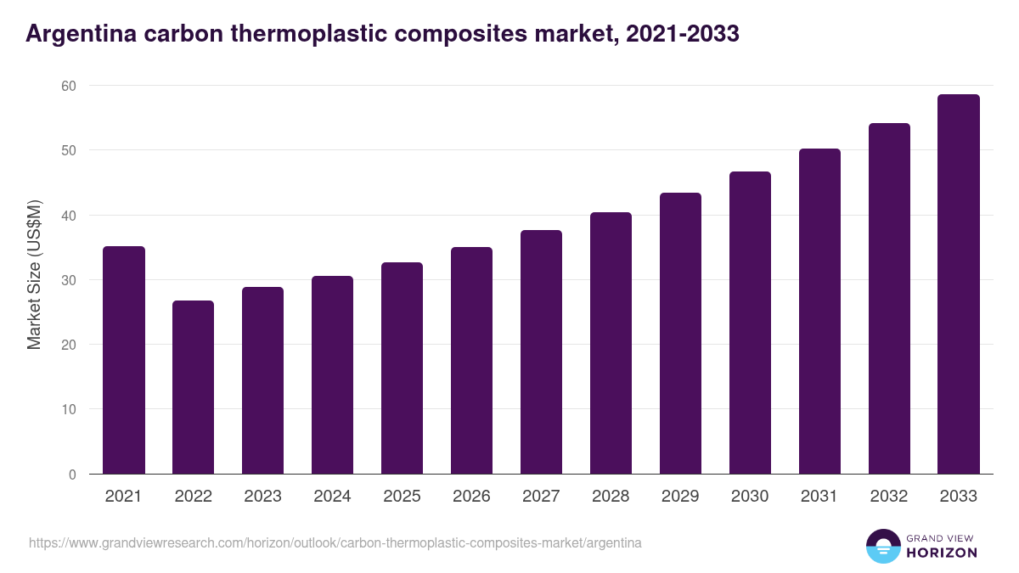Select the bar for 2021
click(124, 360)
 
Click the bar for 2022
click(194, 387)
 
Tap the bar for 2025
click(403, 368)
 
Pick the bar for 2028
click(611, 343)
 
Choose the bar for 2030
click(751, 323)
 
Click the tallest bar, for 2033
click(959, 284)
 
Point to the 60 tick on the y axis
click(68, 86)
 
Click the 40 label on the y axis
click(68, 216)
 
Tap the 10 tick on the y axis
click(68, 409)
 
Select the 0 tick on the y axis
click(72, 475)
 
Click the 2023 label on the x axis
click(263, 497)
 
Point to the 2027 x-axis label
click(542, 497)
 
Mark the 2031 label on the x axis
click(820, 497)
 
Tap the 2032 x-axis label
click(889, 497)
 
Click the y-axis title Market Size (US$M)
click(34, 274)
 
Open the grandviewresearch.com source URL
click(335, 542)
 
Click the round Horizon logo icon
click(882, 546)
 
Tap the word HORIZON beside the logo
click(942, 553)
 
